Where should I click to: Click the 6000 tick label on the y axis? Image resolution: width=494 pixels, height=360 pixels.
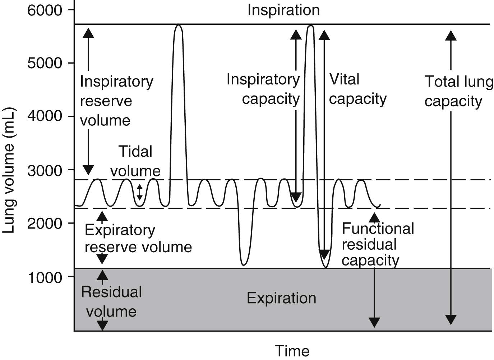[x=45, y=10]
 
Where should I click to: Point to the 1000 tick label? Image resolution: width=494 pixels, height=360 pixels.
[x=45, y=277]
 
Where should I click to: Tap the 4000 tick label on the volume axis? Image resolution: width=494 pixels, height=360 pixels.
[x=45, y=116]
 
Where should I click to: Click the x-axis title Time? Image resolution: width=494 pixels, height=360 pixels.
[x=292, y=351]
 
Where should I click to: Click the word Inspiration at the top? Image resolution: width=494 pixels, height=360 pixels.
[x=283, y=10]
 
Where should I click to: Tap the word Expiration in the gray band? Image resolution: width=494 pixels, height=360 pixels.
[x=281, y=298]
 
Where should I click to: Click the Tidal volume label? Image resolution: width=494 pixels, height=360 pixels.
[x=135, y=161]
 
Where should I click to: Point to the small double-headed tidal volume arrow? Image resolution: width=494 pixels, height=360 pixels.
[x=140, y=192]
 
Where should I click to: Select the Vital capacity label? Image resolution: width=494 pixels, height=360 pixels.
[x=357, y=89]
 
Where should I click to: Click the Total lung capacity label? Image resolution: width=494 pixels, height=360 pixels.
[x=458, y=91]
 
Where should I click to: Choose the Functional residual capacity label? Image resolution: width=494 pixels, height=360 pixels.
[x=377, y=244]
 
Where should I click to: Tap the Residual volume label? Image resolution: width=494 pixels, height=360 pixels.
[x=111, y=302]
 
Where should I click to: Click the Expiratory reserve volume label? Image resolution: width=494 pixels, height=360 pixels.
[x=138, y=239]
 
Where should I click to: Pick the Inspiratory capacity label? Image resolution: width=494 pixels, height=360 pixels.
[x=263, y=89]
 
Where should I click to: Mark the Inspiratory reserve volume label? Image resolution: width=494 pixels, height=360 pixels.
[x=116, y=101]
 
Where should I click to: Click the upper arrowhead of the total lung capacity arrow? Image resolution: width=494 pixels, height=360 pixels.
[x=451, y=35]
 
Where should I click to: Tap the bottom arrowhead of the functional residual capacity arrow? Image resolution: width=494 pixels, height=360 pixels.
[x=374, y=322]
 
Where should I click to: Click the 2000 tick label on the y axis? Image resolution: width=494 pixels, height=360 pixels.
[x=45, y=223]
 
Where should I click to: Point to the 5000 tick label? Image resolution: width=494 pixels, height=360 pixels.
[x=45, y=63]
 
